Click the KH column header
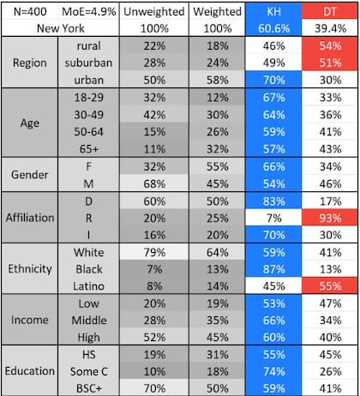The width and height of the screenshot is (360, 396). (x=273, y=12)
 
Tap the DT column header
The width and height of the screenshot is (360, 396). (x=330, y=12)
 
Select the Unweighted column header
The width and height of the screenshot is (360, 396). (x=154, y=12)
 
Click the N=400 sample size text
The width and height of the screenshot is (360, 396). (x=30, y=12)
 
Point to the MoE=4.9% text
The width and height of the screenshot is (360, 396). (x=89, y=12)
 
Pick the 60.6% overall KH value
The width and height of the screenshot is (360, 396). (x=273, y=28)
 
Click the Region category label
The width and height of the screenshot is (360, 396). (x=30, y=63)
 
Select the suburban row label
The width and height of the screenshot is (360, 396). (x=88, y=63)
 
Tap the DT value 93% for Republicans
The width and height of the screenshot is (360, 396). (x=330, y=219)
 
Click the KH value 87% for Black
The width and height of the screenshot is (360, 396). (x=273, y=269)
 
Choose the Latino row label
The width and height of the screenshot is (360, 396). (x=88, y=286)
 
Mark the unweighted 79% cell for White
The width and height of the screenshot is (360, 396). (x=154, y=252)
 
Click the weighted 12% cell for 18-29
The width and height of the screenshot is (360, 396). (x=218, y=98)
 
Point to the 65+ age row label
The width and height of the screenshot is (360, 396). (x=88, y=149)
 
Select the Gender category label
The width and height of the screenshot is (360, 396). (x=30, y=174)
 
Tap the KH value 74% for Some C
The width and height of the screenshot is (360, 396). (x=273, y=371)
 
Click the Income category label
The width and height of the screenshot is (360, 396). (x=30, y=320)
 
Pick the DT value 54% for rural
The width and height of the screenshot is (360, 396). (x=330, y=45)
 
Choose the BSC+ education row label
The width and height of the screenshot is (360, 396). (x=88, y=388)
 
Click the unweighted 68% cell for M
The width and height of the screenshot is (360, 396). (x=154, y=183)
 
